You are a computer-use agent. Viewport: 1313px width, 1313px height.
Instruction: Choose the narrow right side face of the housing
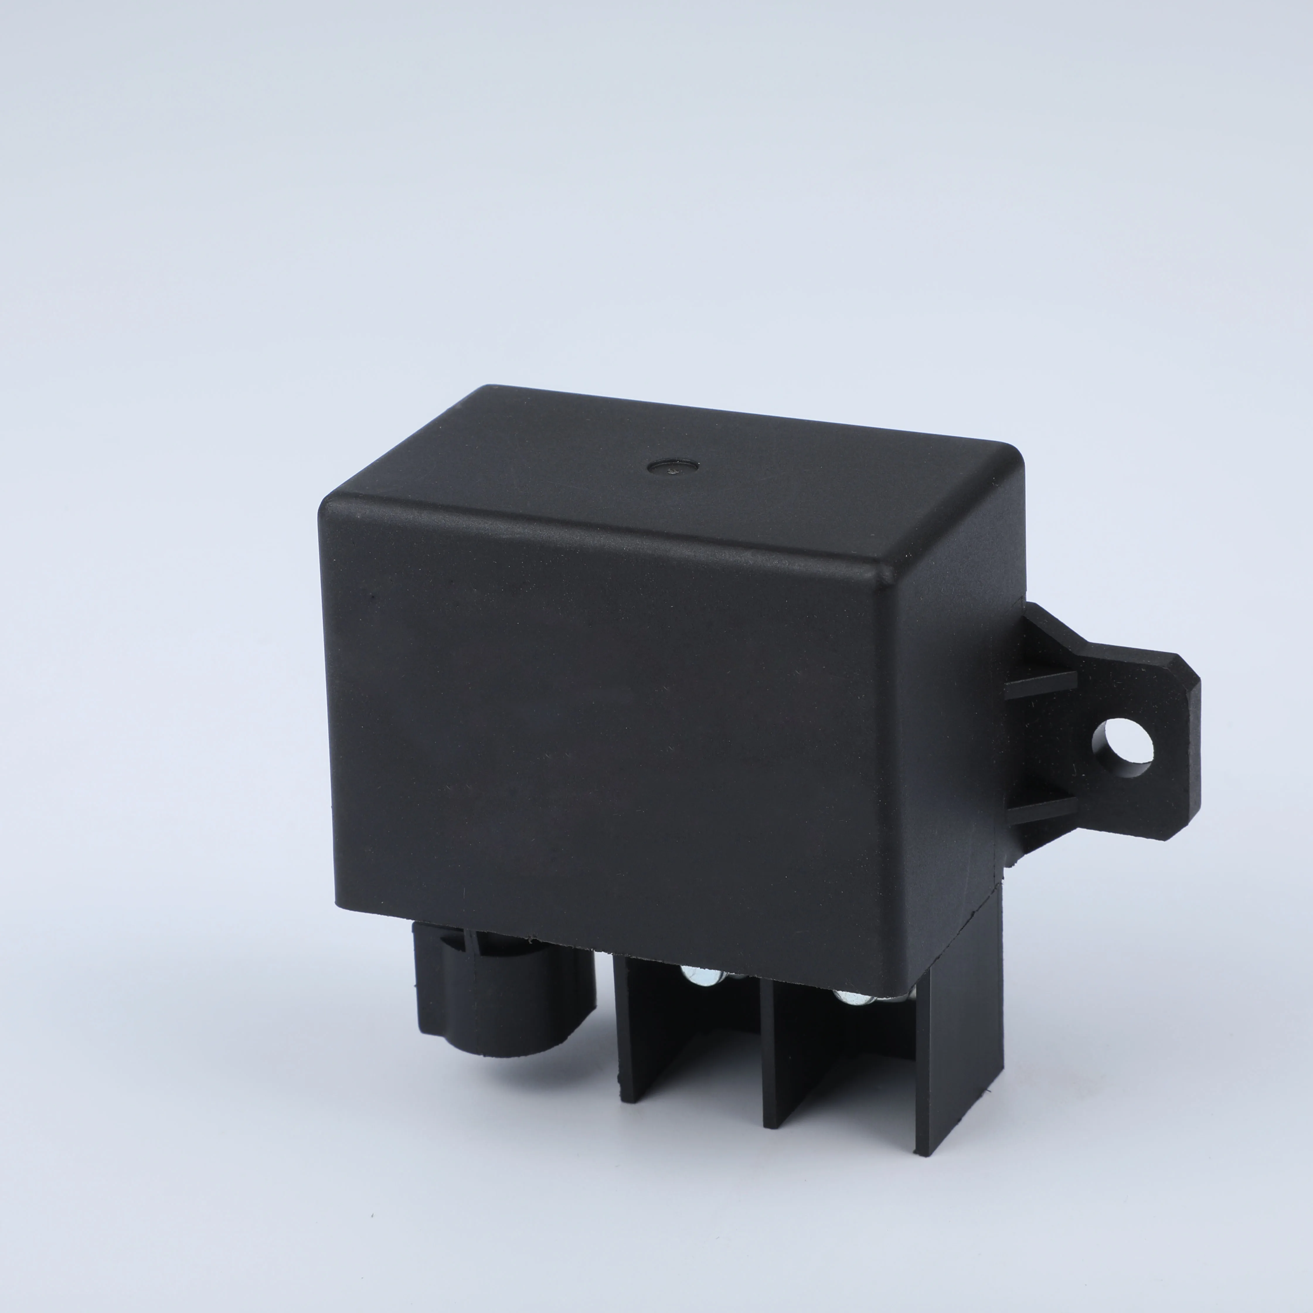[x=951, y=782]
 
